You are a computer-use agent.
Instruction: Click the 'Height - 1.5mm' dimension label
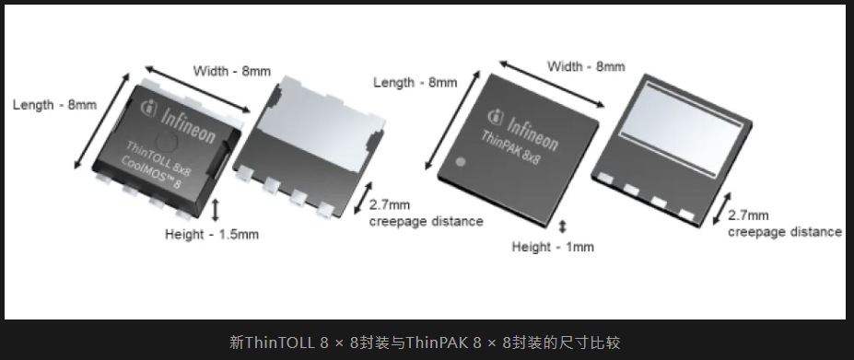pos(212,235)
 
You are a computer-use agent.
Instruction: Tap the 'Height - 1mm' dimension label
pos(553,247)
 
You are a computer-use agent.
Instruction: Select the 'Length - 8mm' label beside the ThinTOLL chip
pos(55,105)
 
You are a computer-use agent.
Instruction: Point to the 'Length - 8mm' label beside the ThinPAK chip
pos(415,83)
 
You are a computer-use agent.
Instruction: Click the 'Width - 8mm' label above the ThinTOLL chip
pos(232,71)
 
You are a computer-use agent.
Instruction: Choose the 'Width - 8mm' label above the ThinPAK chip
pos(586,66)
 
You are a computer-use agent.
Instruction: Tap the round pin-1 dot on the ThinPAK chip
pos(461,162)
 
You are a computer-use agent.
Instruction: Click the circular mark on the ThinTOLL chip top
pos(168,142)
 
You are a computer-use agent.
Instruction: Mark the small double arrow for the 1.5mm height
pos(216,210)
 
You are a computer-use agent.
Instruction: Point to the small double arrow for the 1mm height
pos(563,226)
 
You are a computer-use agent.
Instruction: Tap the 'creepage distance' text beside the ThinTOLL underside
pos(426,221)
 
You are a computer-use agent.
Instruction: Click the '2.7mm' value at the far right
pos(748,215)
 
